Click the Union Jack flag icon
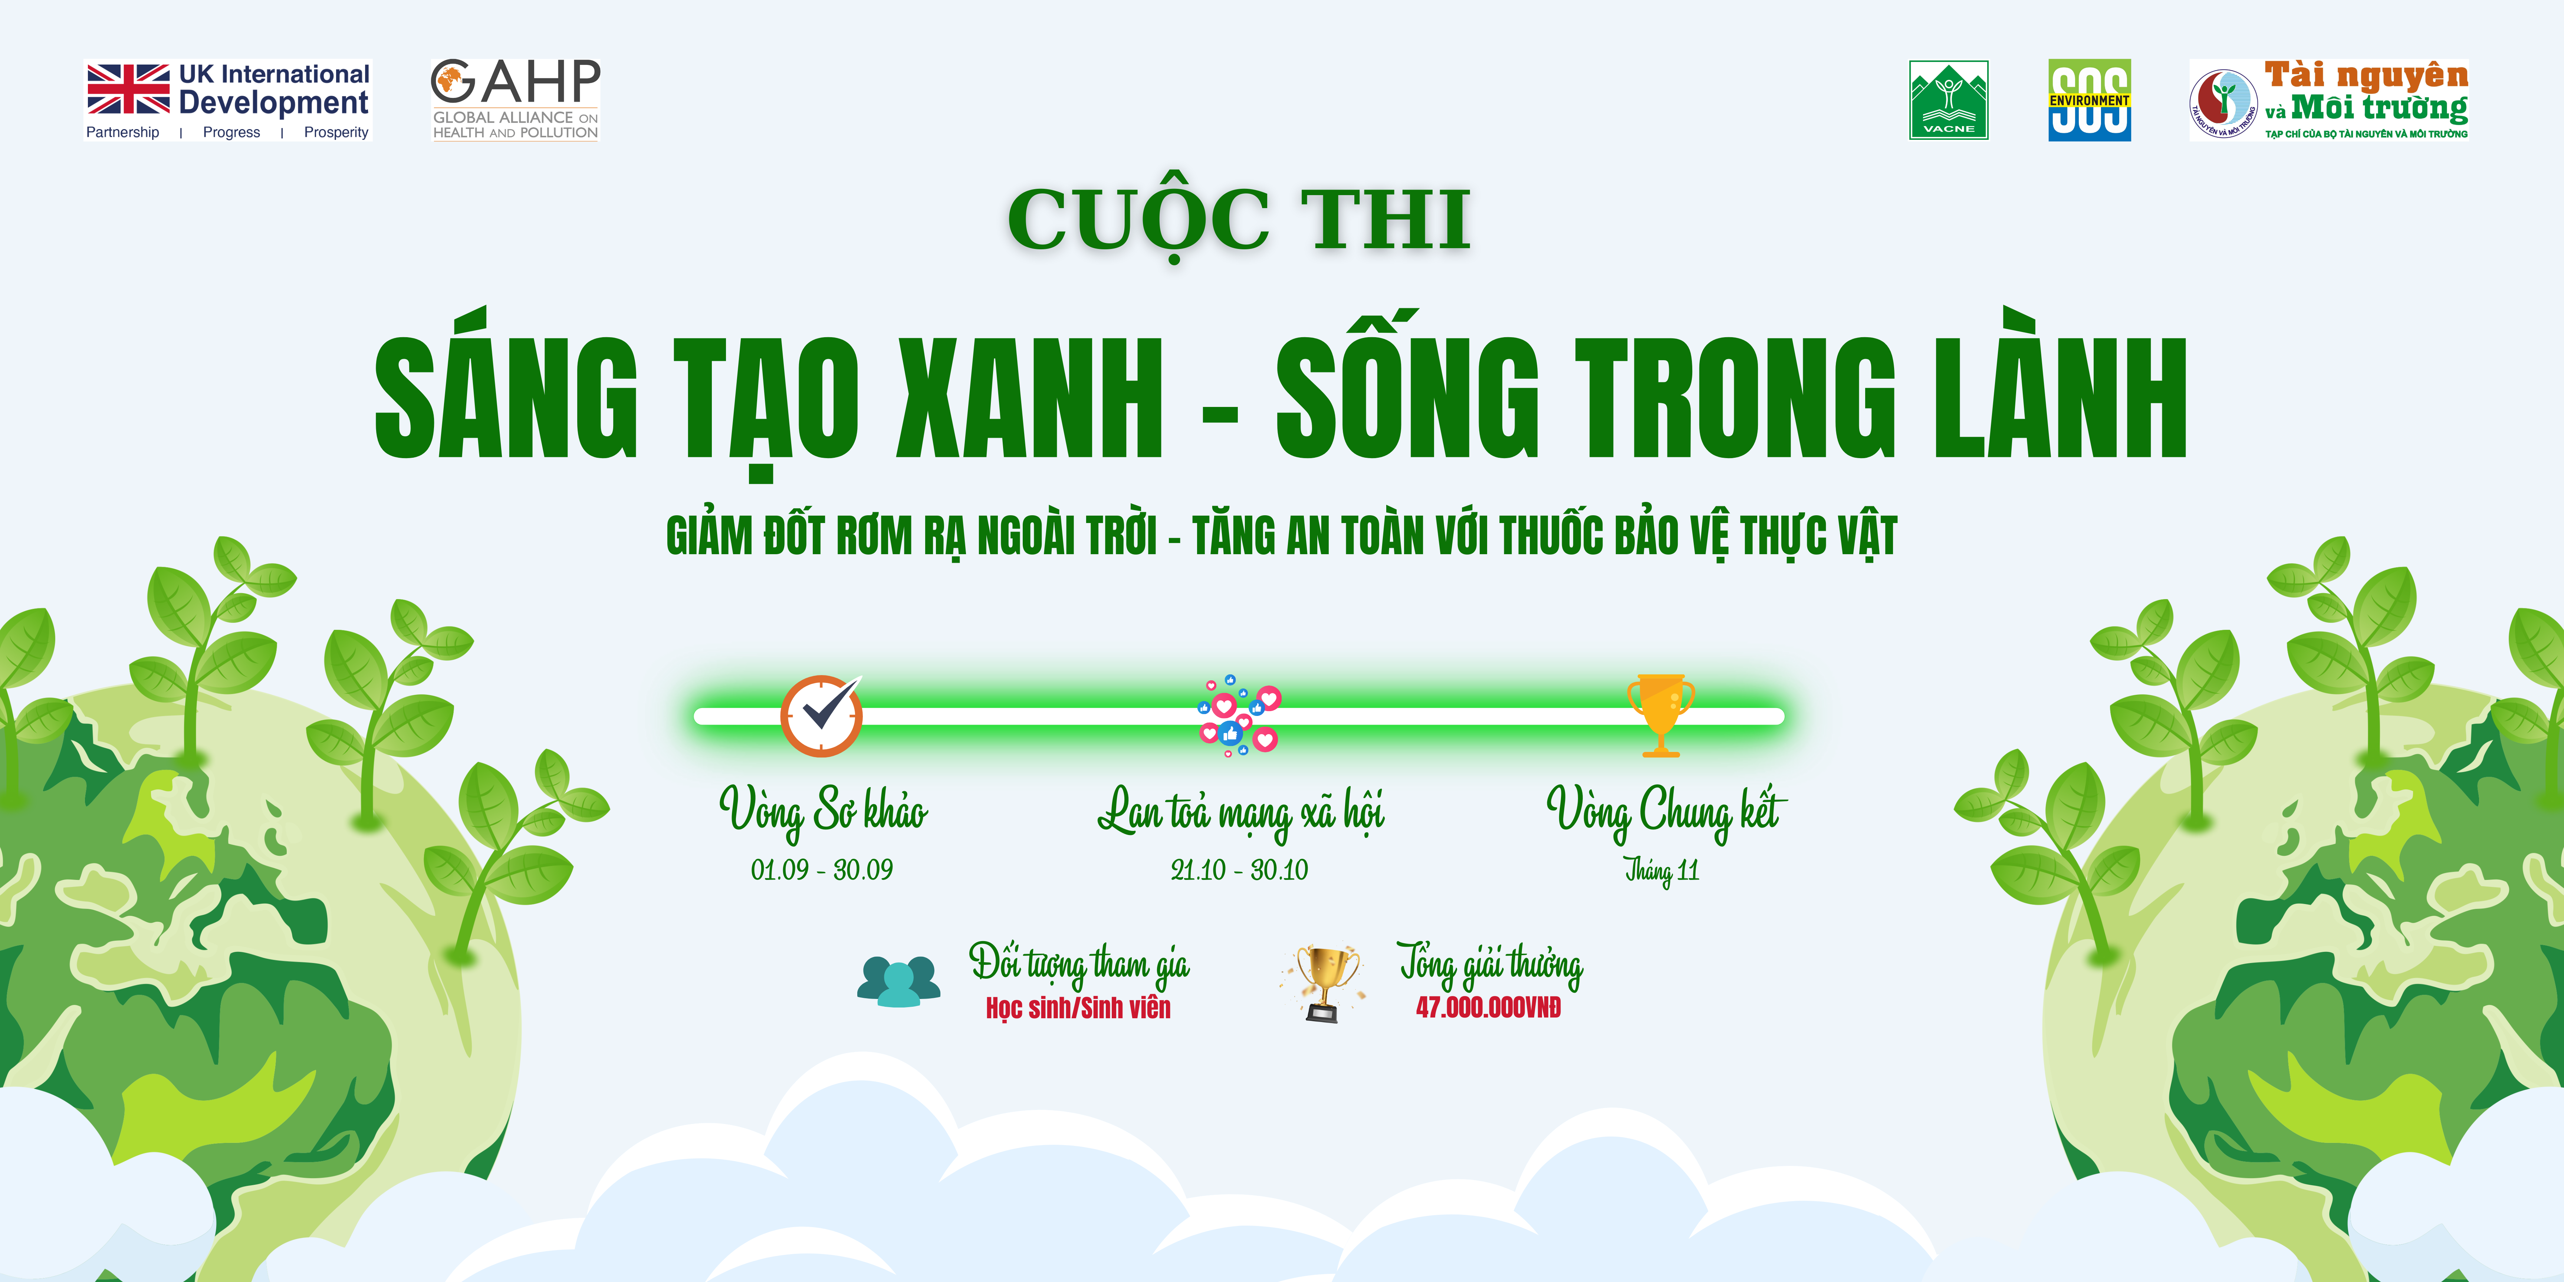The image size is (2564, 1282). [128, 89]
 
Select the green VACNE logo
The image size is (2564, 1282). [1948, 99]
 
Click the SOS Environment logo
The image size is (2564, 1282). [2089, 99]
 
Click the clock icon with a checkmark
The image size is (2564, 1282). [821, 716]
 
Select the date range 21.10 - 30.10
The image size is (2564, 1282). [1239, 870]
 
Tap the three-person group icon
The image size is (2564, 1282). [899, 982]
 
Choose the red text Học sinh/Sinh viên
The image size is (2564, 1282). [1078, 1008]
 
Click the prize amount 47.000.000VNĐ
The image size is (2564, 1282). [1488, 1007]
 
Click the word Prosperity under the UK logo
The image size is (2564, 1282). [336, 132]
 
